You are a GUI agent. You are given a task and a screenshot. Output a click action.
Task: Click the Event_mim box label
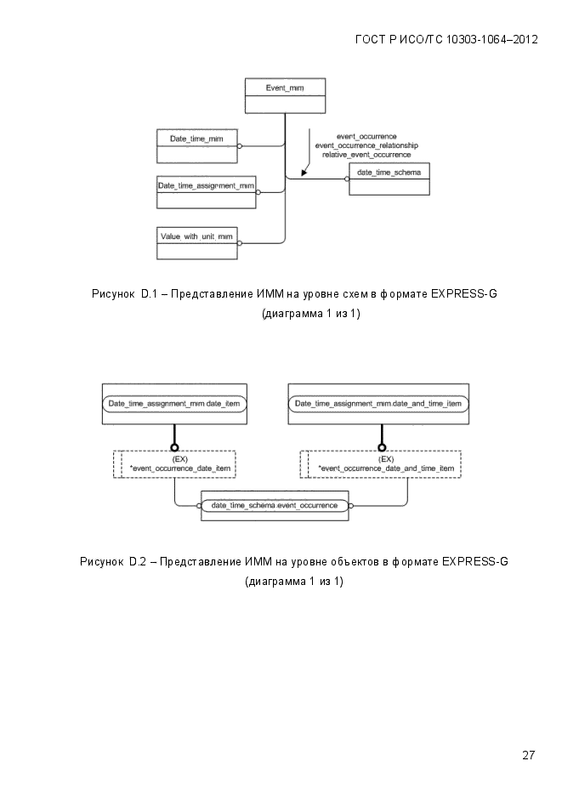pos(285,88)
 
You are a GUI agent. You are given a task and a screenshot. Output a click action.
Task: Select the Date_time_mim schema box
pos(196,146)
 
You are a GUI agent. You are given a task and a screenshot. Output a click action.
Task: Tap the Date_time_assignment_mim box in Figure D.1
pos(207,192)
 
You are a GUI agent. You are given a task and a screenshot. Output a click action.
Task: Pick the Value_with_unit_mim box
pos(196,243)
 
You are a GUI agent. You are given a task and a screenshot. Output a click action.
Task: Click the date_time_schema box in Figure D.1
pos(389,179)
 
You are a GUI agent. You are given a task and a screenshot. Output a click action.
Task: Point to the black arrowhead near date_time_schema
pos(304,173)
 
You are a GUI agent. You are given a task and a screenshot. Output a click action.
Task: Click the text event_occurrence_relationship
pos(366,145)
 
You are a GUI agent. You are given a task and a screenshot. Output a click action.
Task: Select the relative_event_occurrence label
pos(366,155)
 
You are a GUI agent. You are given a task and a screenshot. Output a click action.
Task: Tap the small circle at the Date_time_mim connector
pos(240,146)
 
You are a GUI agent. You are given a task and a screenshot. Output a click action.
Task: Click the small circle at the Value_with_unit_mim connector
pos(240,243)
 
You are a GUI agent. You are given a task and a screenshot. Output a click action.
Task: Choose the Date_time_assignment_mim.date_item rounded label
pos(174,404)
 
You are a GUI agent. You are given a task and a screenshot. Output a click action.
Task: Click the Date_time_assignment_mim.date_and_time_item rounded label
pos(378,404)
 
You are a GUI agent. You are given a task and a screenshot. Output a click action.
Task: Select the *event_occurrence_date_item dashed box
pos(174,464)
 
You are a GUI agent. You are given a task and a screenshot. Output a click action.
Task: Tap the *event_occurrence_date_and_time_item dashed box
pos(381,464)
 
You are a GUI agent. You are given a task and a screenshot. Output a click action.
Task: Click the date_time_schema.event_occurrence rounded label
pos(275,506)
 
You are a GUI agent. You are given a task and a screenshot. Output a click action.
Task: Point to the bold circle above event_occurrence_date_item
pos(174,448)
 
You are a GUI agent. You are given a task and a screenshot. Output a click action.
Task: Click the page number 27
pos(529,755)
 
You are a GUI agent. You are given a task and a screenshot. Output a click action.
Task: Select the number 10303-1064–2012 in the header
pos(491,40)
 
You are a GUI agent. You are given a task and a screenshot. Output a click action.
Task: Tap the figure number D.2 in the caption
pos(138,562)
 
